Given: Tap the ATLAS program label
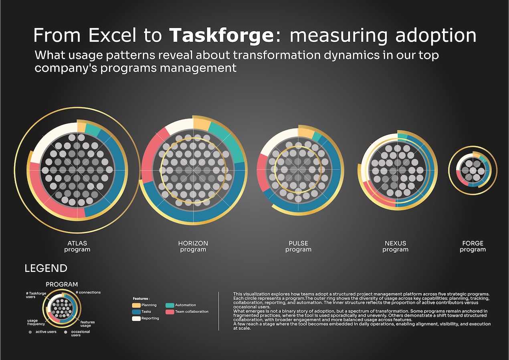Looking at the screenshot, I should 77,246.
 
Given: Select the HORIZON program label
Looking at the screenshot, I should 193,246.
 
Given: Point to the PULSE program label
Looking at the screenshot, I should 298,246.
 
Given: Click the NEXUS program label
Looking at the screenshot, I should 395,246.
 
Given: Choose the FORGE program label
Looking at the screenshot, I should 473,246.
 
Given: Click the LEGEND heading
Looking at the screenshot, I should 46,268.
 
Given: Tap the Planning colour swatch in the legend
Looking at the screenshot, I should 136,305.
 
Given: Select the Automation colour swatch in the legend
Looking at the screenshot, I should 169,305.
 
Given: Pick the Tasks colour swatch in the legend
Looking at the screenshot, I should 136,312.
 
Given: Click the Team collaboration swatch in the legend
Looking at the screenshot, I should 169,312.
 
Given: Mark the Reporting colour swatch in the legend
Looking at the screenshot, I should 136,318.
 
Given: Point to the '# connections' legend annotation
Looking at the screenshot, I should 88,292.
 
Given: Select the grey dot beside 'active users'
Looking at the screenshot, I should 30,332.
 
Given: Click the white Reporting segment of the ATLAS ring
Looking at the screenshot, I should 52,142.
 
